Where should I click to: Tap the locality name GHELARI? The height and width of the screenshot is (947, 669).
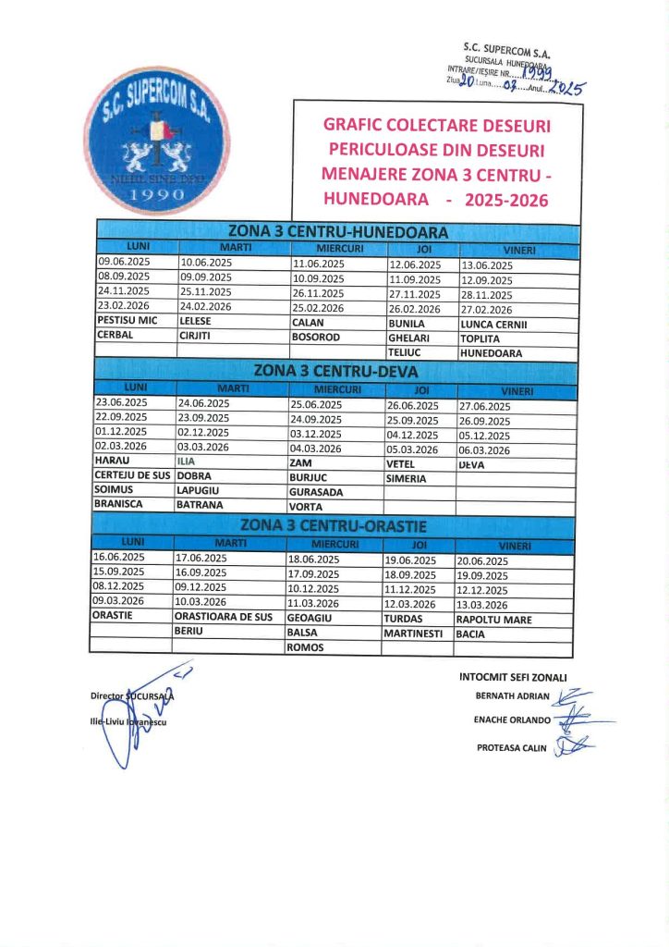pos(407,338)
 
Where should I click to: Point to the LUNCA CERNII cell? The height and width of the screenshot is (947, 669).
pos(493,323)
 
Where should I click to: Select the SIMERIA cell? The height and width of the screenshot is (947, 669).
pos(407,479)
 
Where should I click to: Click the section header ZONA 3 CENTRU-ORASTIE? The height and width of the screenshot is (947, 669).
pos(337,526)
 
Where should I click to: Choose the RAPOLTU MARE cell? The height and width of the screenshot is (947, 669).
pos(494,620)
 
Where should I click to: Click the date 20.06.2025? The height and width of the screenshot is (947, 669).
pos(482,561)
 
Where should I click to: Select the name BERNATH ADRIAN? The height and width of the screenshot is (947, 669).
pos(512,695)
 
